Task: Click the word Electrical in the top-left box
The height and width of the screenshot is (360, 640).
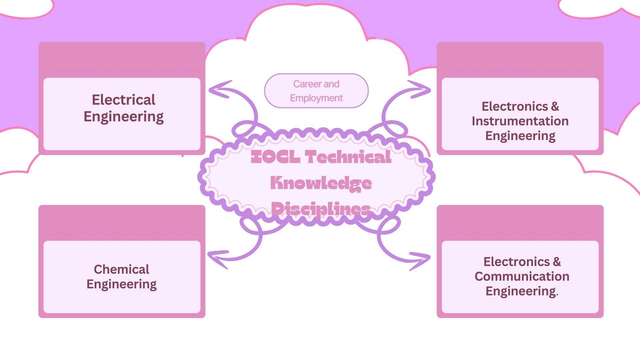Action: (x=123, y=100)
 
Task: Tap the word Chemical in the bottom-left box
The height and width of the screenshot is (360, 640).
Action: (x=121, y=269)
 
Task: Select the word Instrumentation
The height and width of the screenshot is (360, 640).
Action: (x=520, y=121)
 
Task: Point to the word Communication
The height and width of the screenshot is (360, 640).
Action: (x=522, y=276)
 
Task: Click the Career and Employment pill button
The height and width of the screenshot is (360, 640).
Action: (x=316, y=91)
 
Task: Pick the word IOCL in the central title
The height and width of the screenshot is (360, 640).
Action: (x=275, y=157)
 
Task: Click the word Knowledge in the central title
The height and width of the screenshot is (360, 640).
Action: (x=321, y=183)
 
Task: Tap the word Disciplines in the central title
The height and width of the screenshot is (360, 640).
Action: (x=321, y=209)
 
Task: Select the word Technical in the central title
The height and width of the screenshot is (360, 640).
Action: (x=348, y=157)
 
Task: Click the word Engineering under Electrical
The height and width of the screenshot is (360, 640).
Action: (x=123, y=117)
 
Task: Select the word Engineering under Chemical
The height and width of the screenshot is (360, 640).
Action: (x=121, y=284)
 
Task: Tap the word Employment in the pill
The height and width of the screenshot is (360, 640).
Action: (x=316, y=98)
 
